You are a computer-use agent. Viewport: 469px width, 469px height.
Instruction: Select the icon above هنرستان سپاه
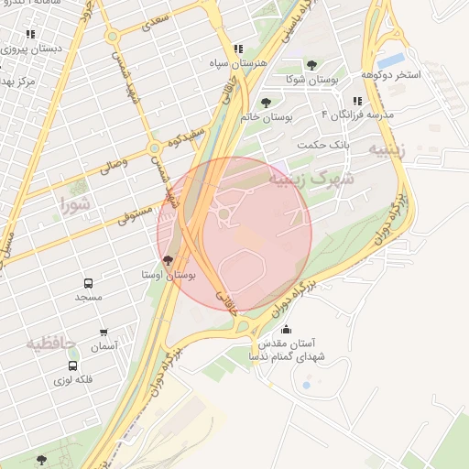(x=238, y=49)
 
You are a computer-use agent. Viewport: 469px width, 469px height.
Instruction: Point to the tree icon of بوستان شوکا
(x=312, y=65)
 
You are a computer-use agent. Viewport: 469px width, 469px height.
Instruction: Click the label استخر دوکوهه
(x=390, y=74)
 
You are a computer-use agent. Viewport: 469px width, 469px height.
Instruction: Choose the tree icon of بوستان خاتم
(x=266, y=103)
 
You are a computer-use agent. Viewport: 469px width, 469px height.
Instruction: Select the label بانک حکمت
(x=324, y=145)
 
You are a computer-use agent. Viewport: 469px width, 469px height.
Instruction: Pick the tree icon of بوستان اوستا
(x=167, y=260)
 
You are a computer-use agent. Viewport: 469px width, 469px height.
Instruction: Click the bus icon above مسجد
(x=89, y=284)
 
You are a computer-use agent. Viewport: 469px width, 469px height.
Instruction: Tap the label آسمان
(x=104, y=347)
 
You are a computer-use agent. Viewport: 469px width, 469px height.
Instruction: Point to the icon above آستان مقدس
(x=287, y=330)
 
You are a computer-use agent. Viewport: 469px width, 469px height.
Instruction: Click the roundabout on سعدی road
(x=112, y=38)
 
